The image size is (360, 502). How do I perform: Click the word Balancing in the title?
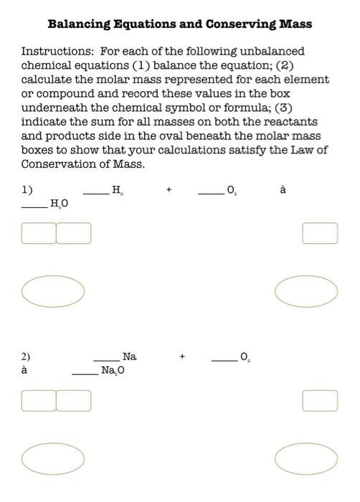(77, 24)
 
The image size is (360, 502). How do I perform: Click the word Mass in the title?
(295, 24)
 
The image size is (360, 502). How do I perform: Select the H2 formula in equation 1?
(116, 190)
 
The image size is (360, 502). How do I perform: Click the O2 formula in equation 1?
(231, 190)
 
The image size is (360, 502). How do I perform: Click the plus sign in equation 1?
(169, 190)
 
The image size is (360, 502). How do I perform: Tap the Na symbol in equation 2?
(130, 356)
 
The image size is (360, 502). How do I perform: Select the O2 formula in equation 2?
(245, 356)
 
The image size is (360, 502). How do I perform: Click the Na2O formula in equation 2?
(113, 371)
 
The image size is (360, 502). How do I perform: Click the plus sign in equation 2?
(183, 356)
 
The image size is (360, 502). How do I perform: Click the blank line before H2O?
(34, 207)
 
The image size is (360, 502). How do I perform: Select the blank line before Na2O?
(85, 373)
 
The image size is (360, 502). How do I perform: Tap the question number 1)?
(27, 190)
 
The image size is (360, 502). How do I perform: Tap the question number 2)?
(26, 356)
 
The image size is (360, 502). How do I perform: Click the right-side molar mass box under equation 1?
(320, 233)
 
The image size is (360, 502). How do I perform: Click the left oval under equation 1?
(53, 290)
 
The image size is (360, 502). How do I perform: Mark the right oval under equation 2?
(306, 458)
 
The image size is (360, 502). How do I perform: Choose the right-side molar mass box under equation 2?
(320, 400)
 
